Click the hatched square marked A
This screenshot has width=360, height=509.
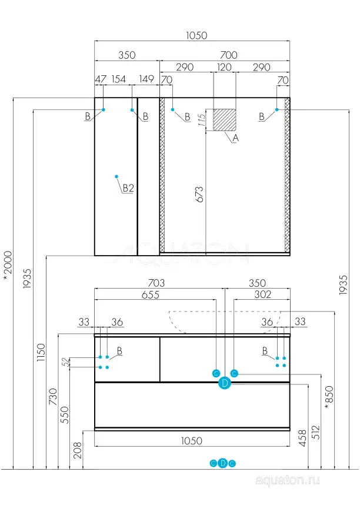[224, 119]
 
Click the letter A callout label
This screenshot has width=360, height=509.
[236, 139]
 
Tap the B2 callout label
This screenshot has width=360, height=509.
[128, 189]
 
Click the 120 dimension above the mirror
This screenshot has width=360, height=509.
[224, 68]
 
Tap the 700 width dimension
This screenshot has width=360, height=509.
[229, 55]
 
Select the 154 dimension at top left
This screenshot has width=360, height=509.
[119, 79]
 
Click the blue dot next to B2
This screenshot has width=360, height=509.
[117, 176]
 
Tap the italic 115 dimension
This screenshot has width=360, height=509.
[202, 120]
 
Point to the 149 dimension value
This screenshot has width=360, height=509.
[146, 79]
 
